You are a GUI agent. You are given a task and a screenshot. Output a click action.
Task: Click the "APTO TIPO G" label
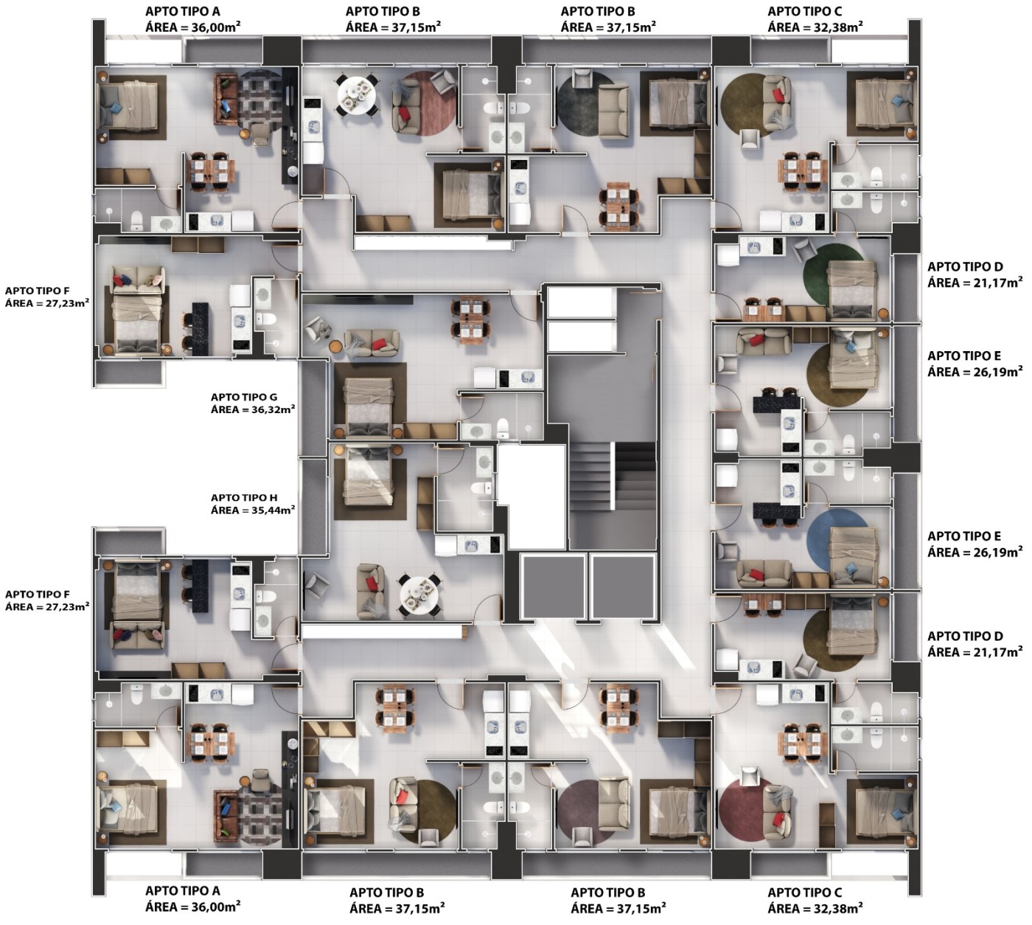tap(244, 397)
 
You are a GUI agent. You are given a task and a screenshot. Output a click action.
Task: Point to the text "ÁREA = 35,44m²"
tap(253, 510)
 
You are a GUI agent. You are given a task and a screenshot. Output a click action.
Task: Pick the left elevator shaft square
tap(553, 586)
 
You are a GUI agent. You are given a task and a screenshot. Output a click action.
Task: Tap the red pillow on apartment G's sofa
tap(378, 345)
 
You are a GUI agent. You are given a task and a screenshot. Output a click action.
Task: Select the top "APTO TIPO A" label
tap(182, 11)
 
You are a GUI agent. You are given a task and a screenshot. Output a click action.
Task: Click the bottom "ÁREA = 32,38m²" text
tap(815, 907)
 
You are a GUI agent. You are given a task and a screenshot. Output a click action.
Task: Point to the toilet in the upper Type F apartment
tap(266, 319)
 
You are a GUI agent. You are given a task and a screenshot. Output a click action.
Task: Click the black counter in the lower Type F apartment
tap(201, 586)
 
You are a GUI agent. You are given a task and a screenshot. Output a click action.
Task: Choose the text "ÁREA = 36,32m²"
tap(253, 409)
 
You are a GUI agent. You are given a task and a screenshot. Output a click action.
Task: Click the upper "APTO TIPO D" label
tap(965, 266)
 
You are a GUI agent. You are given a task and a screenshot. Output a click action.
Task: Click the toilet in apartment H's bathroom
tap(481, 488)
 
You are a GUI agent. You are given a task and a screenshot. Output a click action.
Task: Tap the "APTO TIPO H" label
tap(244, 497)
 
